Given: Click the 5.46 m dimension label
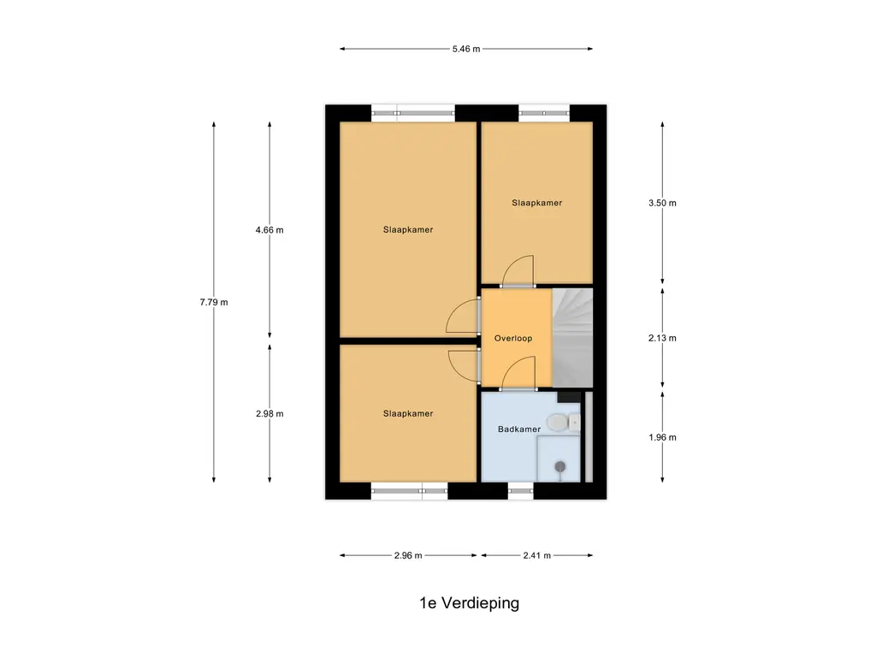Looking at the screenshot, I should click(x=466, y=49).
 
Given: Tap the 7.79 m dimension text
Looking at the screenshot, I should click(x=214, y=302).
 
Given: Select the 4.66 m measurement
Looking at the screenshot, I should click(x=269, y=229).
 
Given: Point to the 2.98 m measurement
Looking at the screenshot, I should click(x=269, y=413).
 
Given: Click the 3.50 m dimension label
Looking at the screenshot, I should click(x=662, y=203).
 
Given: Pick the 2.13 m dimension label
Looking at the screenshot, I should click(x=662, y=338).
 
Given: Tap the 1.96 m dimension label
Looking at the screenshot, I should click(x=662, y=437).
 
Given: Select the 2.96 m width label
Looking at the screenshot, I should click(x=408, y=555).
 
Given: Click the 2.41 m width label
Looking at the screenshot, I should click(x=536, y=555).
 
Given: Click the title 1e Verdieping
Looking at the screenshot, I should click(x=469, y=603).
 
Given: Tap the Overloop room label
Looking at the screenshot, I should click(x=513, y=338).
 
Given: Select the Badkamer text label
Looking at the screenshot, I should click(x=519, y=429).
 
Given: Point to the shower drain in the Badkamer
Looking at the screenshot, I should click(x=560, y=466).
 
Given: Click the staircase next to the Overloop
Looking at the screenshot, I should click(x=572, y=338).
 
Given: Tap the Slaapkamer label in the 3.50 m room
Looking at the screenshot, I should click(x=536, y=203).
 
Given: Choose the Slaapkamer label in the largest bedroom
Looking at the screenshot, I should click(x=408, y=229).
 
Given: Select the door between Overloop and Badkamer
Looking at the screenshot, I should click(x=518, y=376).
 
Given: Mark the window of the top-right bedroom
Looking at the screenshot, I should click(x=543, y=110).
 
